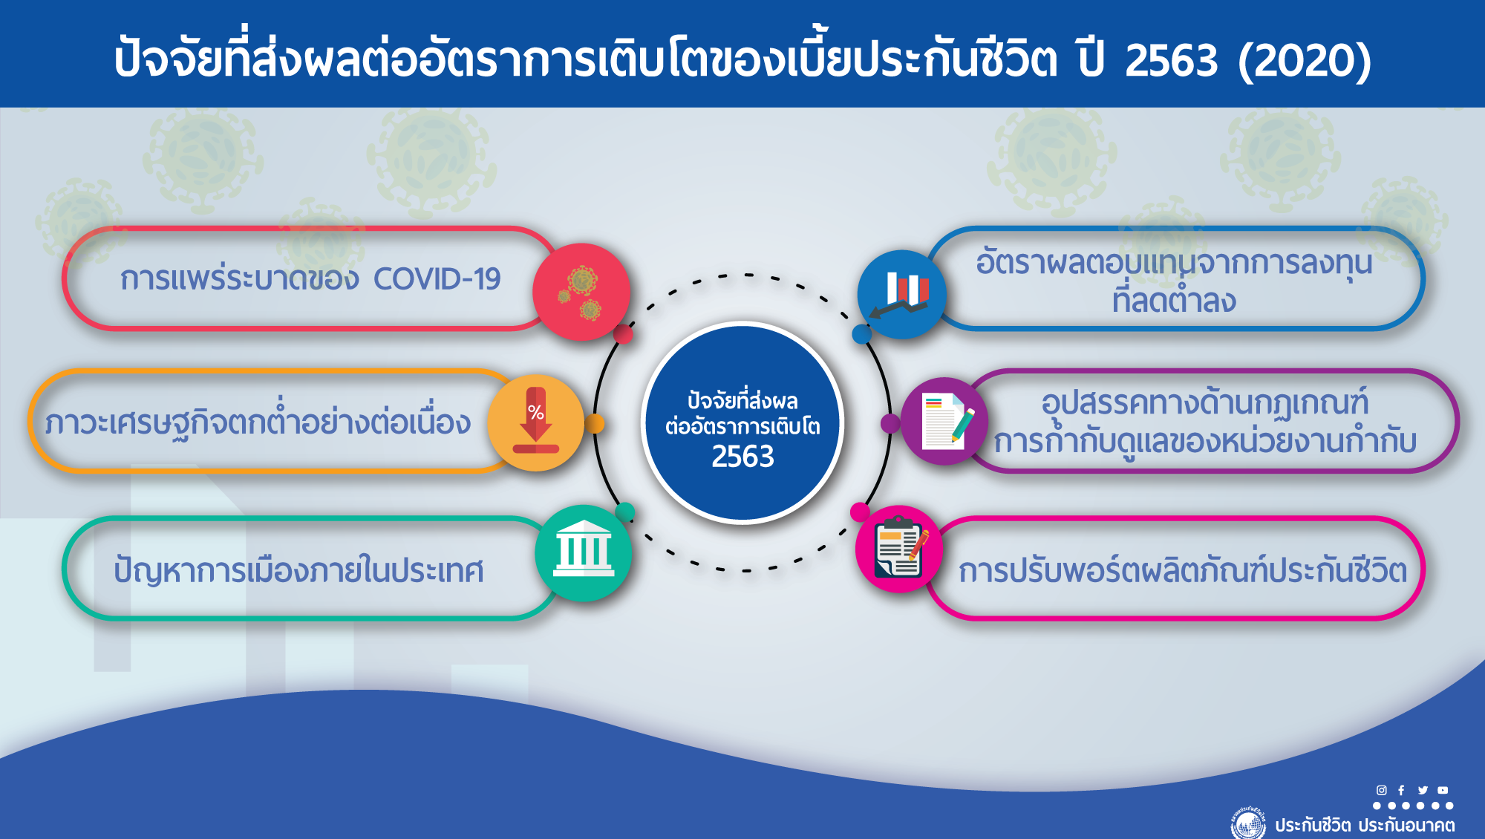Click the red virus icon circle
581,292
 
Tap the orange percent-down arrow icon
535,422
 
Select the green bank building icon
584,553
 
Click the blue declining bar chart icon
902,294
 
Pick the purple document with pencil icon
944,421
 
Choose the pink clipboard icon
899,549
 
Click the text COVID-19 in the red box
437,279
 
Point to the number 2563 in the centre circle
742,457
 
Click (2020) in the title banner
1305,60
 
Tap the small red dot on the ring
623,334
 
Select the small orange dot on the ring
594,423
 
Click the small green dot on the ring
625,512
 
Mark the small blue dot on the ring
861,334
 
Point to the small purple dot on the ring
890,423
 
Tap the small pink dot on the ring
860,512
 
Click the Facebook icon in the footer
1401,790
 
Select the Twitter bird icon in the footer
1423,790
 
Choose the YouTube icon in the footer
1443,790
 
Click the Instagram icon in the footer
1381,790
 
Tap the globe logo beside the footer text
1248,823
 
